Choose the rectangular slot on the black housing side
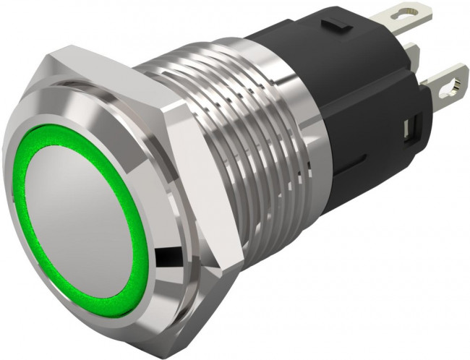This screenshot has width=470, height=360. click(x=409, y=130)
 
